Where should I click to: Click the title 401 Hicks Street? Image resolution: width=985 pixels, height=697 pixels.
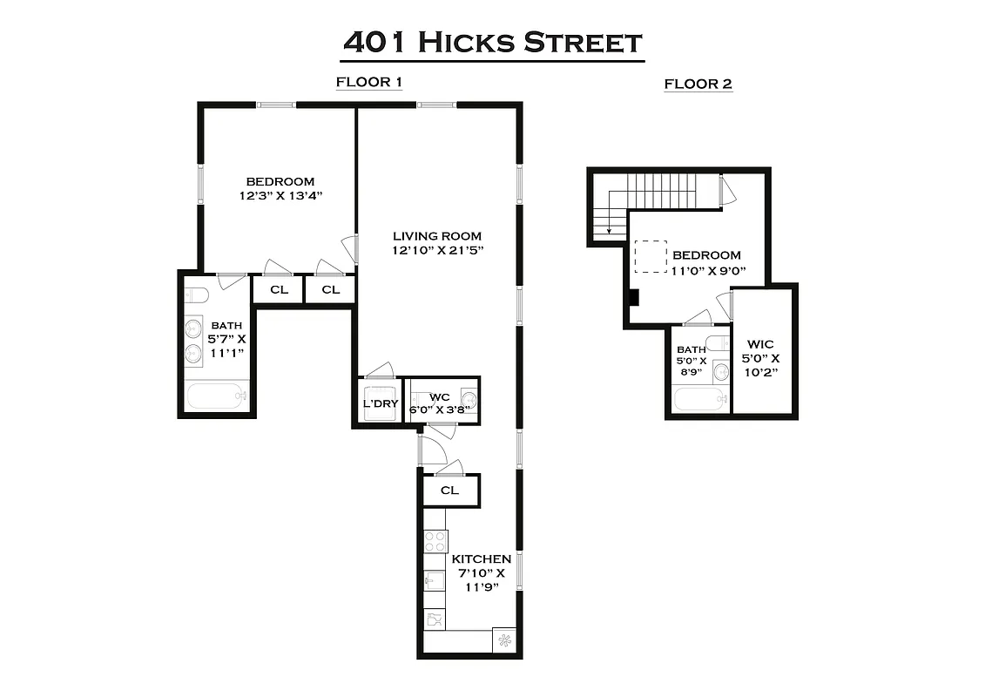pyautogui.click(x=492, y=42)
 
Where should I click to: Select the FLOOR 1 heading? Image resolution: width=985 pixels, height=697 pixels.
pyautogui.click(x=368, y=83)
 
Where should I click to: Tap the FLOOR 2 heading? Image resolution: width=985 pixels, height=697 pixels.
pyautogui.click(x=698, y=85)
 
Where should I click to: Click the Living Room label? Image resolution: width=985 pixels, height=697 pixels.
pyautogui.click(x=436, y=236)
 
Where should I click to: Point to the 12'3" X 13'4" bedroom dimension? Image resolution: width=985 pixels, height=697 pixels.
pyautogui.click(x=280, y=196)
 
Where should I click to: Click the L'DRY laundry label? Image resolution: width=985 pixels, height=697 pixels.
pyautogui.click(x=380, y=404)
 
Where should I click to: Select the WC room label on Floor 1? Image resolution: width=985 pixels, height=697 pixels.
pyautogui.click(x=439, y=397)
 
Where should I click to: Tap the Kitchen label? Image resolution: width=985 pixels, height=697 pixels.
pyautogui.click(x=481, y=558)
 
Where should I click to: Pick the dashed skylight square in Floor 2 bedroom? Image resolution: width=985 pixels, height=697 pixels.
pyautogui.click(x=649, y=255)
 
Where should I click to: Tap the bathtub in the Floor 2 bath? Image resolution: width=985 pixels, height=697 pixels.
pyautogui.click(x=700, y=399)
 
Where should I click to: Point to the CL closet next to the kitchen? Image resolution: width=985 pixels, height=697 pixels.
pyautogui.click(x=449, y=491)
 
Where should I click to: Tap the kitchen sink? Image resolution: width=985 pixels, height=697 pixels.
pyautogui.click(x=434, y=580)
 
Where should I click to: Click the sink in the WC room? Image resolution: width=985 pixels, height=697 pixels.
pyautogui.click(x=468, y=401)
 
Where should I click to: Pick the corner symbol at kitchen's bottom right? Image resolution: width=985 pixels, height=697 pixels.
pyautogui.click(x=503, y=640)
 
